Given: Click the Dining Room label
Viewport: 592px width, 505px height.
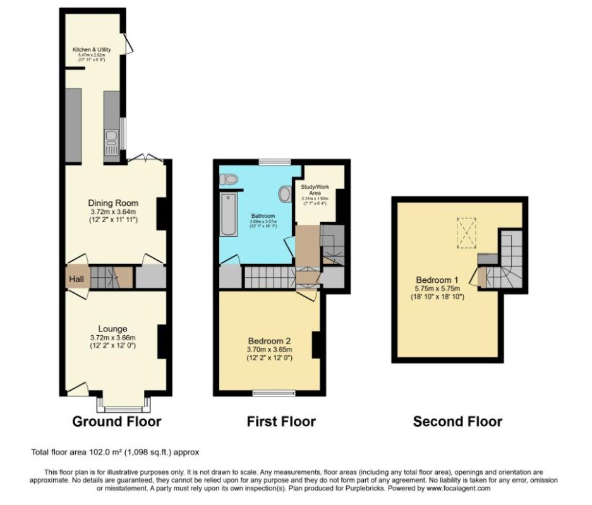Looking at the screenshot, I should click(113, 203).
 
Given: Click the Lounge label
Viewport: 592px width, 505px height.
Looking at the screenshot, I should click(112, 328).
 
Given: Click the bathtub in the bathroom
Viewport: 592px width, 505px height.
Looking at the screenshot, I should click(229, 215).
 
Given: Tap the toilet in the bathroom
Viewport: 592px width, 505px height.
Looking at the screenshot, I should click(231, 181).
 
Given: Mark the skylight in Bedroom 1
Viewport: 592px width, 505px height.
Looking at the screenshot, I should click(467, 232).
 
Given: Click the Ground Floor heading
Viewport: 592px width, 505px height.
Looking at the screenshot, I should click(117, 421).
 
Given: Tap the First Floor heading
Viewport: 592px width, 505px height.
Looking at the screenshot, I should click(281, 421).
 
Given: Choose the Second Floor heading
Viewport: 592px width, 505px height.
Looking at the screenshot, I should click(457, 421).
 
